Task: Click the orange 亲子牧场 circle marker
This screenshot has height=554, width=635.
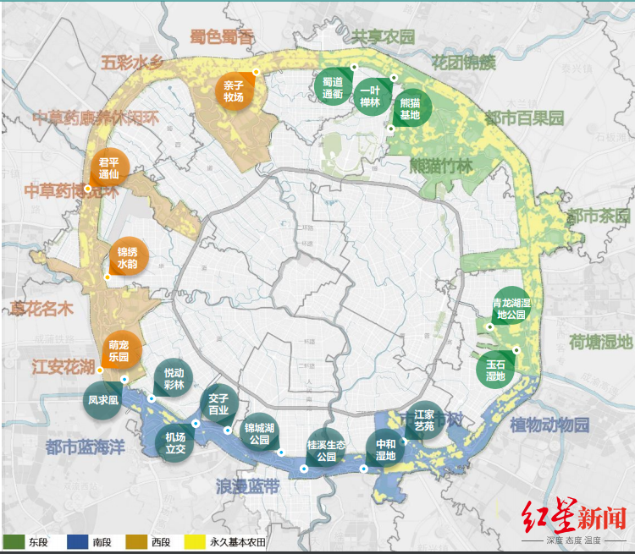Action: pyautogui.click(x=234, y=91)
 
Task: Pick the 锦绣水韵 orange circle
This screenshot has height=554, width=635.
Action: pyautogui.click(x=128, y=257)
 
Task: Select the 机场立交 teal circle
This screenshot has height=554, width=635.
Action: pyautogui.click(x=175, y=442)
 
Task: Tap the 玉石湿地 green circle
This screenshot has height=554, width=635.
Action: pyautogui.click(x=495, y=370)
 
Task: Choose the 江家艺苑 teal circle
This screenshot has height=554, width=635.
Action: pyautogui.click(x=423, y=421)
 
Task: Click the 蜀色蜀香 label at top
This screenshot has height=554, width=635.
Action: pyautogui.click(x=222, y=37)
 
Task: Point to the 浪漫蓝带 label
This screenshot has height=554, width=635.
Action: pyautogui.click(x=247, y=487)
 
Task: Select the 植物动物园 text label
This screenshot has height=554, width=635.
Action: pyautogui.click(x=549, y=425)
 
